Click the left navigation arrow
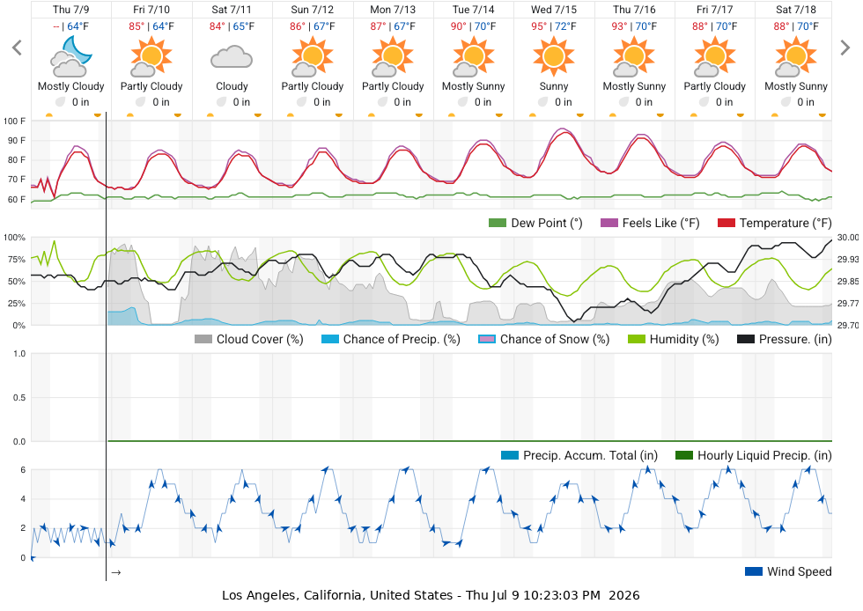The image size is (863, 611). (x=17, y=48)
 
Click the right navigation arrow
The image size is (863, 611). (x=845, y=48)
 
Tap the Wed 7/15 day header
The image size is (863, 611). (x=554, y=10)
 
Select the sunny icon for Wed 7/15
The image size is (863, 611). (x=554, y=56)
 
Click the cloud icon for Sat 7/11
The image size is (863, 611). (x=232, y=57)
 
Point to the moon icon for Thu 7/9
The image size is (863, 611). (x=77, y=49)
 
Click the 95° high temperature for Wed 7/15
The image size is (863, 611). (x=539, y=26)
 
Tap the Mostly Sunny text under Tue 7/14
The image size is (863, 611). (x=474, y=86)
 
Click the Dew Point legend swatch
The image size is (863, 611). (x=497, y=223)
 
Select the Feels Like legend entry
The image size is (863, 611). (x=650, y=223)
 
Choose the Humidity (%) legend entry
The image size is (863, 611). (x=673, y=339)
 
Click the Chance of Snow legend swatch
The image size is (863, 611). (x=487, y=339)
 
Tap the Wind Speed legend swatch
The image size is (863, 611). (x=754, y=571)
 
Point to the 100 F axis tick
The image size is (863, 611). (x=14, y=121)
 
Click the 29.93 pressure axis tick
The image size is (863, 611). (x=847, y=259)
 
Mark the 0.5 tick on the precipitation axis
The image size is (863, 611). (x=19, y=397)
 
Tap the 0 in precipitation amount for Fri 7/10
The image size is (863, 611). (x=160, y=102)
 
